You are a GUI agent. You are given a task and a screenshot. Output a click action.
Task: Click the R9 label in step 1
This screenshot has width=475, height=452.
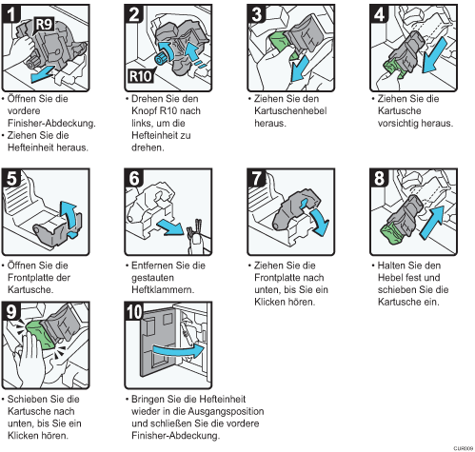[44, 24]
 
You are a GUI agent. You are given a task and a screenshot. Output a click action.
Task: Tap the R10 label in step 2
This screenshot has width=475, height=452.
[141, 76]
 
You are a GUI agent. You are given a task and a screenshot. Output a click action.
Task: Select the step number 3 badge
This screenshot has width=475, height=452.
[257, 14]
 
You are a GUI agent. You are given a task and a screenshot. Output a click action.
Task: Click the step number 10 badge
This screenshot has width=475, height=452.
[134, 311]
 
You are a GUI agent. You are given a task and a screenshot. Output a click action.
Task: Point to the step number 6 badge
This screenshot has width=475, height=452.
[134, 178]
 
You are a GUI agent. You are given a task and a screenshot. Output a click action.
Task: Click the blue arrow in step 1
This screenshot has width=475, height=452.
[42, 74]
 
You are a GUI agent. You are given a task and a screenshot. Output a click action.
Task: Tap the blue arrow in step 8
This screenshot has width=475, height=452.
[431, 223]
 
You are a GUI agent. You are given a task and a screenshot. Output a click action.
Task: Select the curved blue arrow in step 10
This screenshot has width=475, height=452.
[178, 350]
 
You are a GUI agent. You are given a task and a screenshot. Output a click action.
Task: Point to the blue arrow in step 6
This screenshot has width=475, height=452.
[170, 227]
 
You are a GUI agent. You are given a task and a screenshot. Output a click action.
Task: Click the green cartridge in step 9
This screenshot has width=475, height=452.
[39, 335]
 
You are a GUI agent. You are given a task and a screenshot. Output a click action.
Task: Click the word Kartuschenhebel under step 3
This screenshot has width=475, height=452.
[290, 110]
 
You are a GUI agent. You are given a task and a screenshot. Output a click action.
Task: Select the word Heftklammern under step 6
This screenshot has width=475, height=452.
[163, 289]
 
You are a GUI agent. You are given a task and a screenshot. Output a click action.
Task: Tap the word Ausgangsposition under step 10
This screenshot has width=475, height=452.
[226, 411]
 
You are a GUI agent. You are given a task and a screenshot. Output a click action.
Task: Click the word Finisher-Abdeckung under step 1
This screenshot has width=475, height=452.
[51, 123]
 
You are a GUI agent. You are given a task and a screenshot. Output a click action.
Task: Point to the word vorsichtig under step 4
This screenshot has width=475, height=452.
[397, 123]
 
